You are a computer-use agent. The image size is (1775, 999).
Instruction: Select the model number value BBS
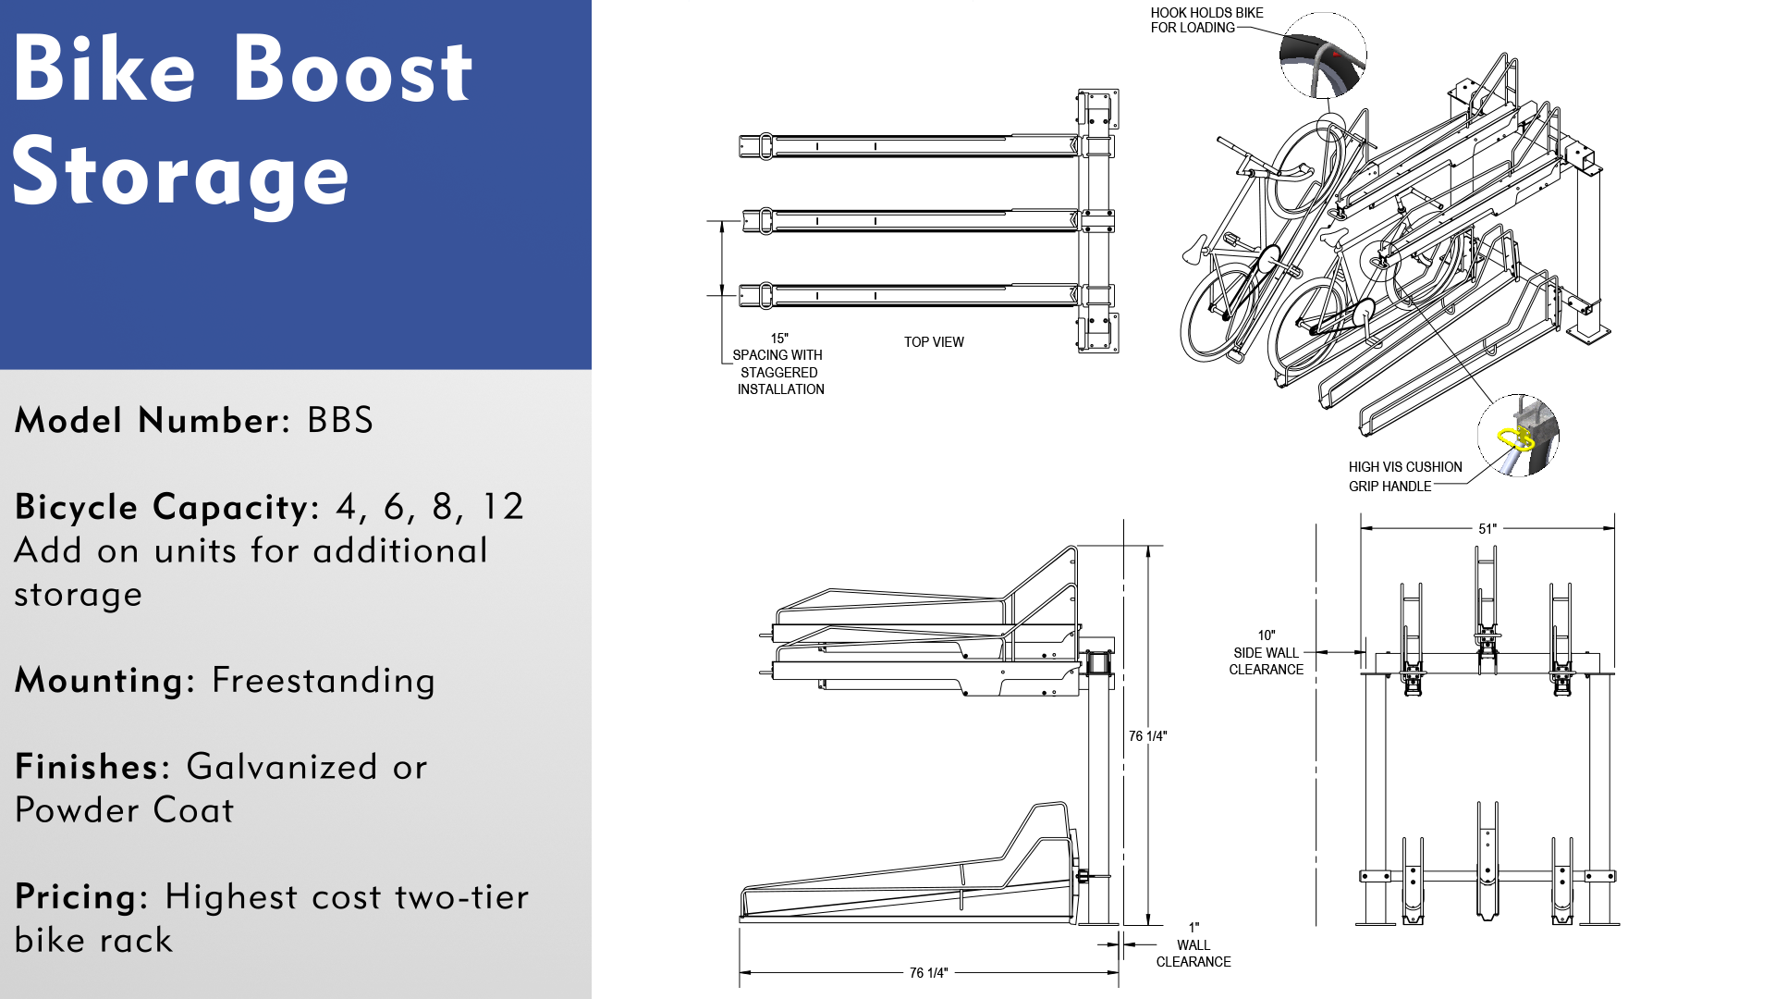coord(340,420)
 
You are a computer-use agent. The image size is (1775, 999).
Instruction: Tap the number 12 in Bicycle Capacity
coord(503,507)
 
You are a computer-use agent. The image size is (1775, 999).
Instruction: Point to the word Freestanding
coord(324,681)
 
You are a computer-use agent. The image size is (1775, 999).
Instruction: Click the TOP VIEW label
coord(934,342)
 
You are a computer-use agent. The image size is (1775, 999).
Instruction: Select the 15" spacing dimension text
coord(779,339)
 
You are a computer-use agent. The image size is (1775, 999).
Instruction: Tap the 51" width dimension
coord(1487,529)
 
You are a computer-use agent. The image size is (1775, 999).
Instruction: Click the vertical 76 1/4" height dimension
coord(1147,736)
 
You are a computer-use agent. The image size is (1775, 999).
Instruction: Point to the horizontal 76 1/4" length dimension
coord(928,973)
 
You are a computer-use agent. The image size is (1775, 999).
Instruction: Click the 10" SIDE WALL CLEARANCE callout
coord(1266,653)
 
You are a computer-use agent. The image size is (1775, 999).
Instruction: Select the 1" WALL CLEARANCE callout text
coord(1194,945)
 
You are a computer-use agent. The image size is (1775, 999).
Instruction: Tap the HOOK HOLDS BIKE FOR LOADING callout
coord(1206,20)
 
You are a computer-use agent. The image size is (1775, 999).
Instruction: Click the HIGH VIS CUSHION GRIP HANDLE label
coord(1404,476)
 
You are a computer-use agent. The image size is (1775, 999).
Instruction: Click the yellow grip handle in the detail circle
coord(1515,439)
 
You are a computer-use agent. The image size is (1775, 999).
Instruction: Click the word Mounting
coord(100,681)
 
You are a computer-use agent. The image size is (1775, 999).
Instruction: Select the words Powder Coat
coord(125,810)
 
